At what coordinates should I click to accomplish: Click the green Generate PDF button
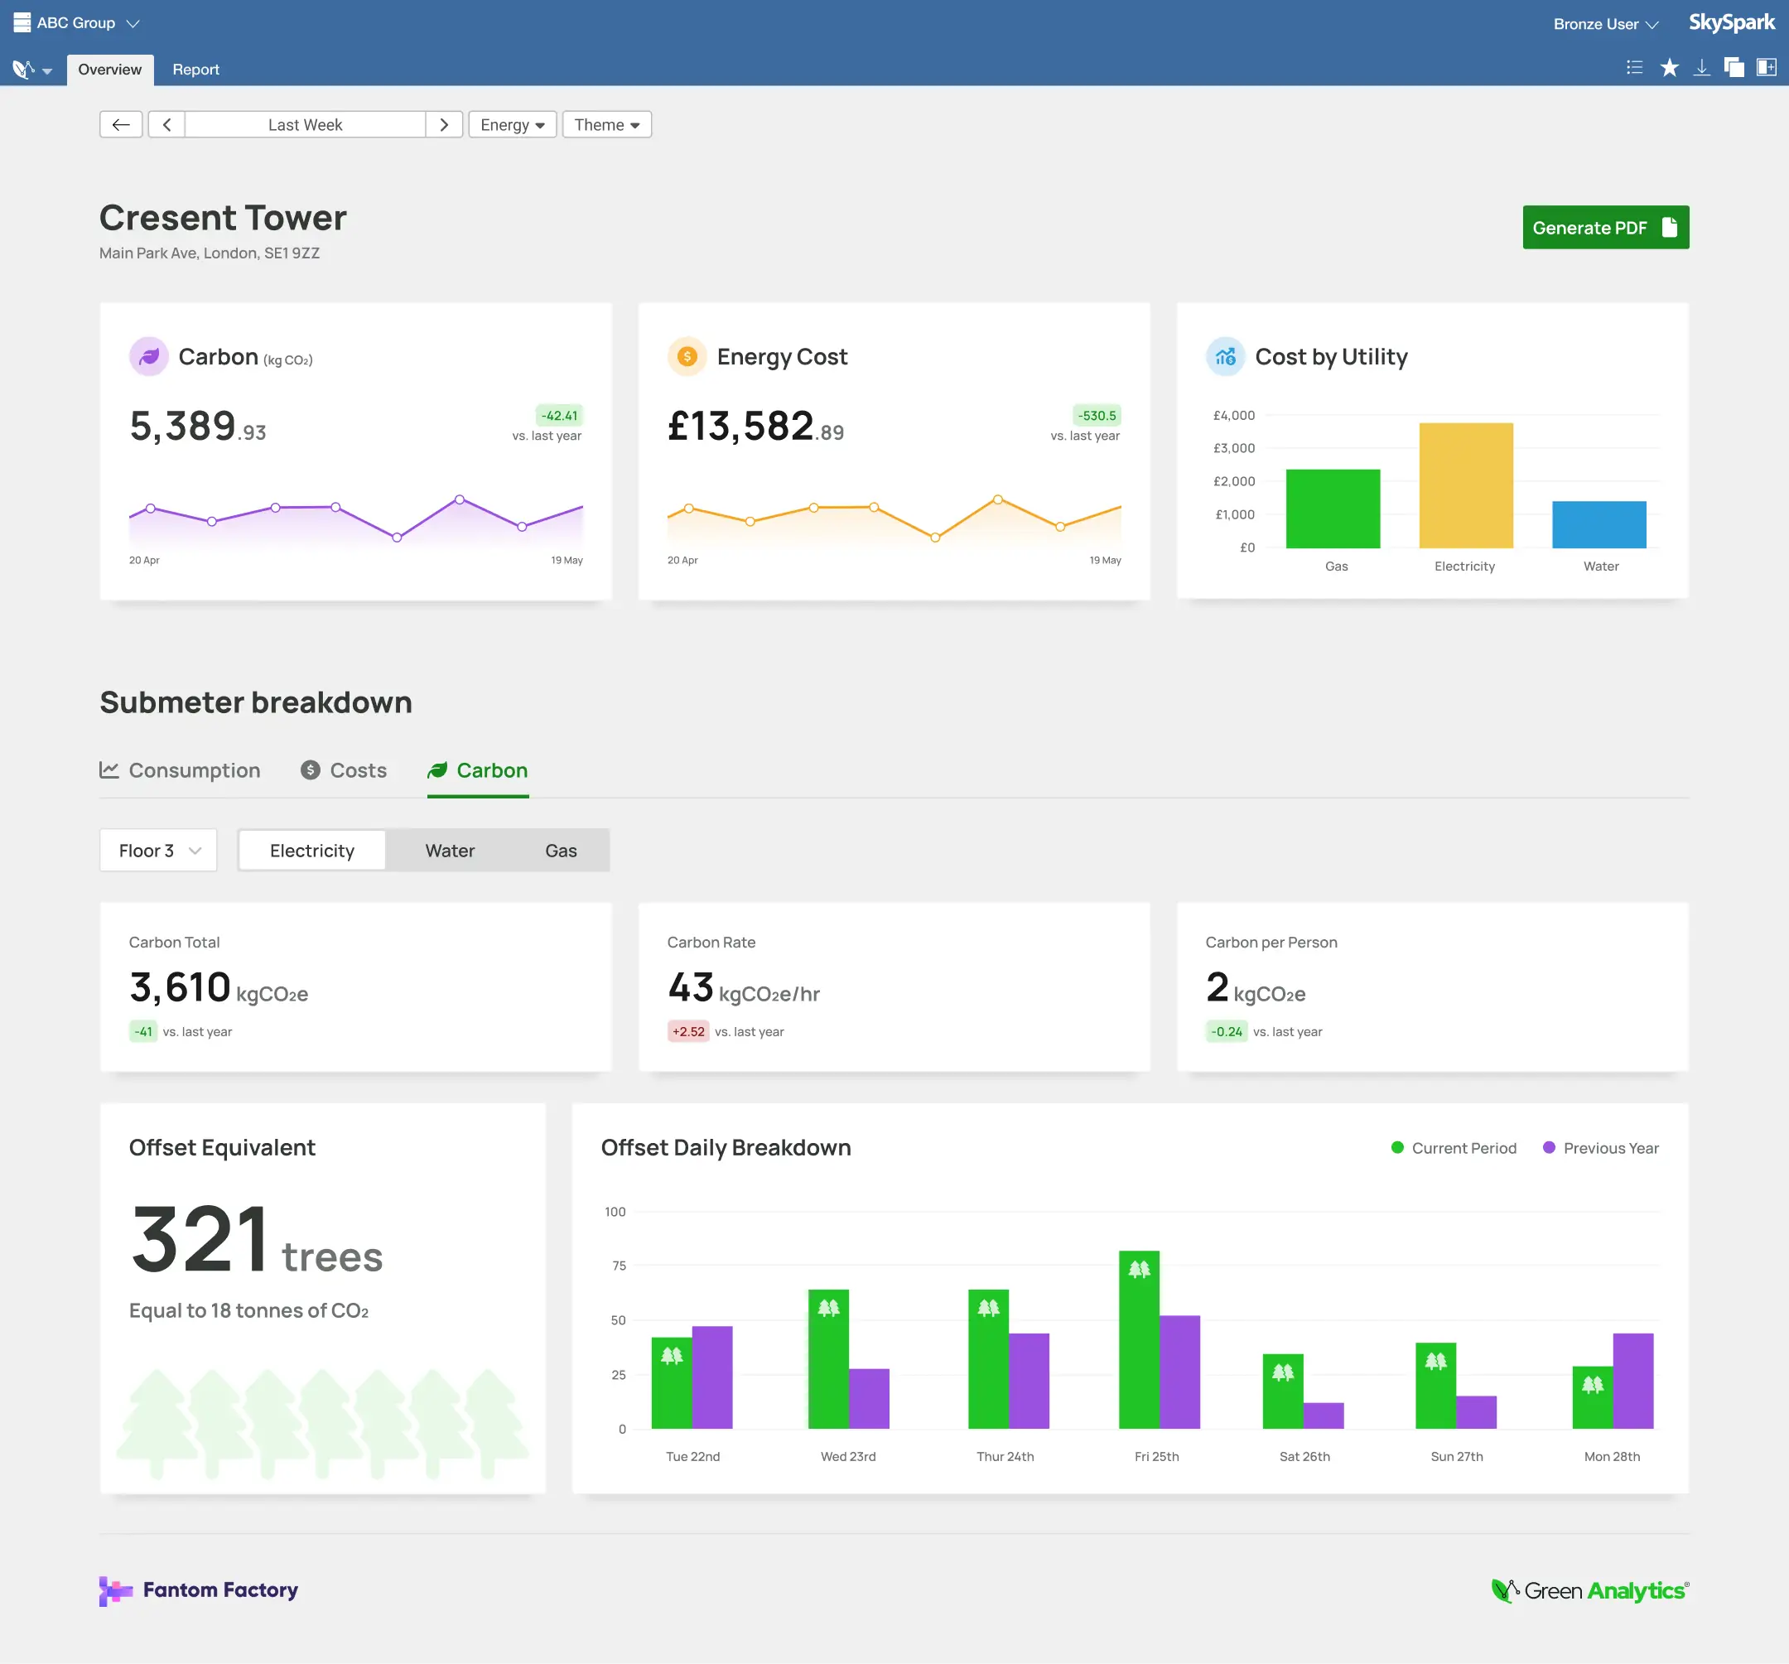pyautogui.click(x=1604, y=228)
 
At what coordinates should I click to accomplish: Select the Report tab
pyautogui.click(x=195, y=70)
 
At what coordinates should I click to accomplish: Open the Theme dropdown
pyautogui.click(x=606, y=124)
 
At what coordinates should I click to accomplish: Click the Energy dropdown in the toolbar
pyautogui.click(x=512, y=124)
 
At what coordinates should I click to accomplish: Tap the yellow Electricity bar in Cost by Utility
pyautogui.click(x=1465, y=486)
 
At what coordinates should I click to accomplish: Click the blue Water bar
pyautogui.click(x=1599, y=524)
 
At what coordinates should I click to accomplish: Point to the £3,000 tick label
pyautogui.click(x=1233, y=448)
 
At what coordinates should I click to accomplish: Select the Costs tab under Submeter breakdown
pyautogui.click(x=345, y=770)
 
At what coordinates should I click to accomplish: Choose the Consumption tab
pyautogui.click(x=180, y=770)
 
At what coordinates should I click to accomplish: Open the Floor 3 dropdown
pyautogui.click(x=158, y=851)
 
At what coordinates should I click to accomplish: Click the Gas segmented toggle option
pyautogui.click(x=561, y=851)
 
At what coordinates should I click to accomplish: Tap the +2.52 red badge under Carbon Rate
pyautogui.click(x=688, y=1031)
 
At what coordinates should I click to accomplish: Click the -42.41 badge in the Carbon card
pyautogui.click(x=559, y=416)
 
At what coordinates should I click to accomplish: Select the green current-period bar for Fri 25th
pyautogui.click(x=1138, y=1341)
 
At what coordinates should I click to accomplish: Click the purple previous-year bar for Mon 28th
pyautogui.click(x=1632, y=1382)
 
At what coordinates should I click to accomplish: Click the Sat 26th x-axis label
pyautogui.click(x=1304, y=1456)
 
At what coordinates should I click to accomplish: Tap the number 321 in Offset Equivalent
pyautogui.click(x=200, y=1240)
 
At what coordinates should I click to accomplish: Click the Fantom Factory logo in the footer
pyautogui.click(x=199, y=1590)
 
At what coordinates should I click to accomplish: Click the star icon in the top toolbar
pyautogui.click(x=1668, y=69)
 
